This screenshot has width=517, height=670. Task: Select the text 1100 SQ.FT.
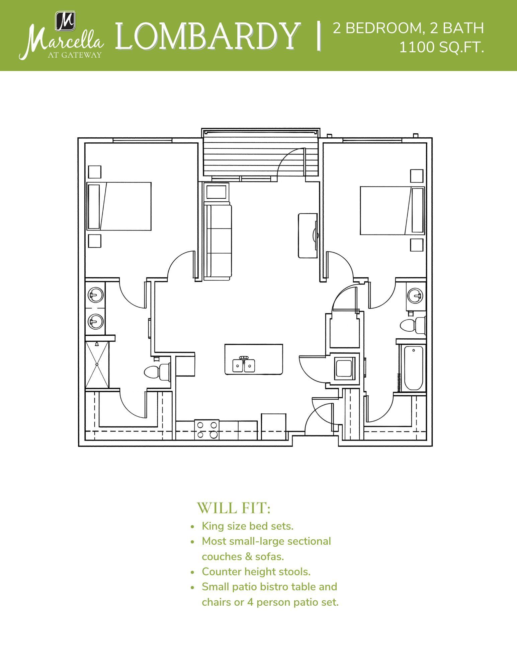441,48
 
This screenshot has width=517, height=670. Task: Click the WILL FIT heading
234,508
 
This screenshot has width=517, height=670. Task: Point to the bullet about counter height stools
256,572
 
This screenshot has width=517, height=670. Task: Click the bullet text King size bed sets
247,526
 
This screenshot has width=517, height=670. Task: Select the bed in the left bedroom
119,206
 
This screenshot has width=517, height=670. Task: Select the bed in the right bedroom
392,211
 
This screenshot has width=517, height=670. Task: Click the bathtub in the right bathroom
413,368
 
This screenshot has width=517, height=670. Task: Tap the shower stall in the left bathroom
97,364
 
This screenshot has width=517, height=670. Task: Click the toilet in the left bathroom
157,372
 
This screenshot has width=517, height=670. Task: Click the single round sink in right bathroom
415,296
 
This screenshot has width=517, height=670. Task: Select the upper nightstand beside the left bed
95,172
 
